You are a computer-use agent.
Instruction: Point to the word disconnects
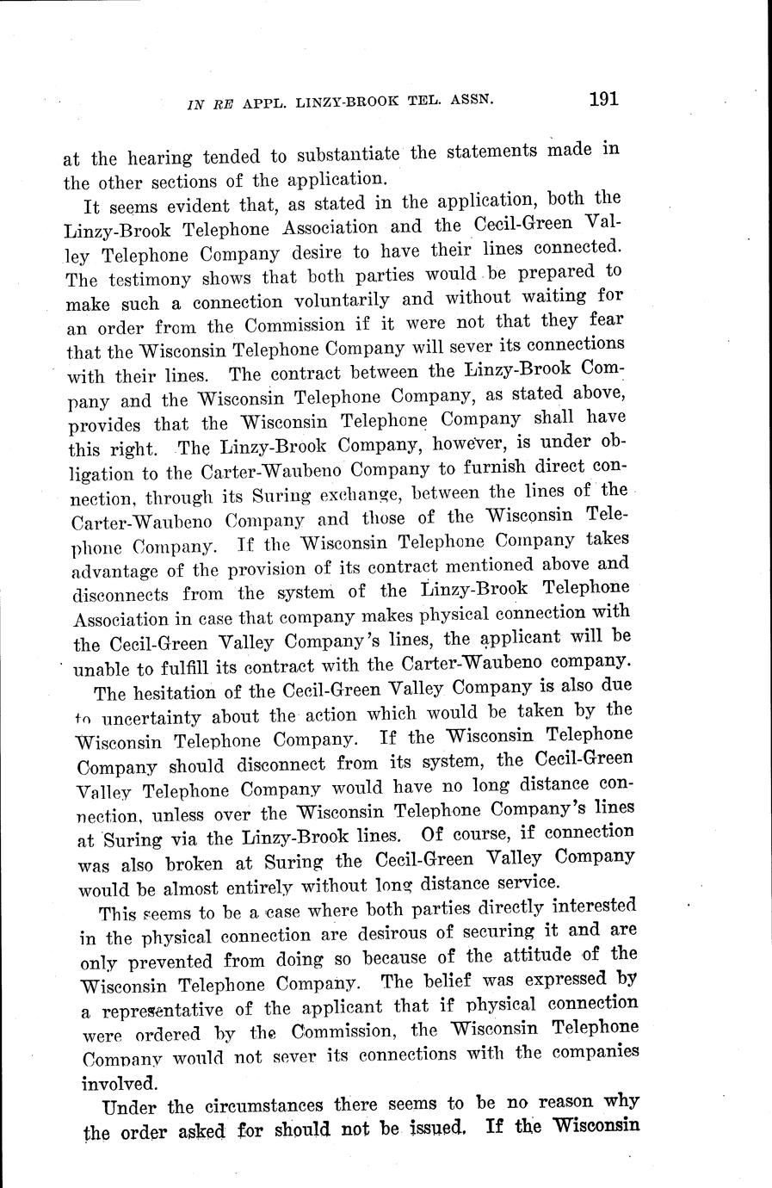(x=120, y=595)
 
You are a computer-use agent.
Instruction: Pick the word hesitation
(x=180, y=692)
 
